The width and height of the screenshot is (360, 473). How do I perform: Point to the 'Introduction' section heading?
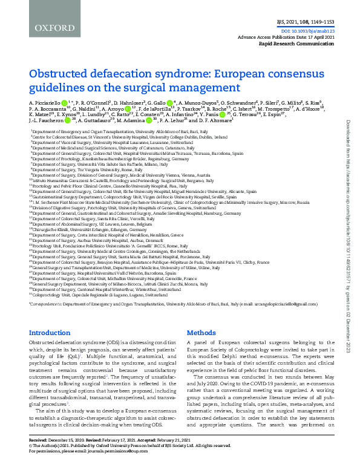(50, 333)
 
